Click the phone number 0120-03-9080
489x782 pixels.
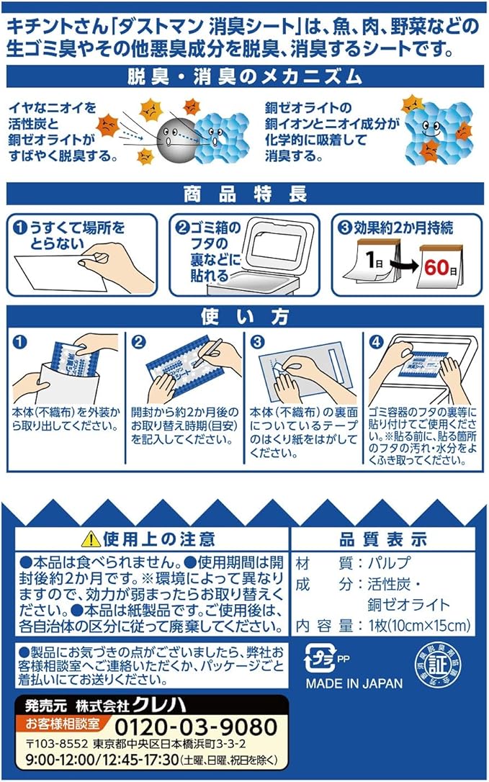[196, 728]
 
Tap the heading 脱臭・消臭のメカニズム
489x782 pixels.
[244, 77]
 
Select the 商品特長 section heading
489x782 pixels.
[245, 194]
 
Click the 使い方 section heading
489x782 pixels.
[245, 317]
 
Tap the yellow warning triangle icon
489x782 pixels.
[91, 539]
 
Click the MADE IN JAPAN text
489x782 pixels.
[354, 683]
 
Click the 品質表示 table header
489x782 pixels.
[382, 539]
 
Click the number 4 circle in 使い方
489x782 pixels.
[375, 341]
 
